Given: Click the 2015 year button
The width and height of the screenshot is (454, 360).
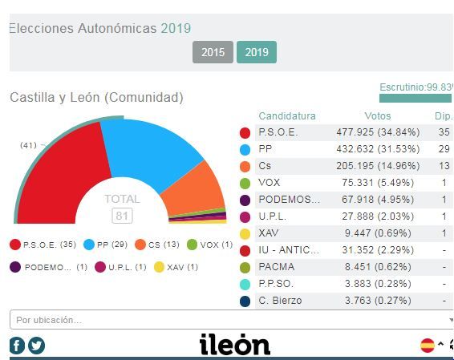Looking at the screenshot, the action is point(213,52).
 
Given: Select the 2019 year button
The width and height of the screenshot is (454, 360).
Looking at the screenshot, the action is point(257,52).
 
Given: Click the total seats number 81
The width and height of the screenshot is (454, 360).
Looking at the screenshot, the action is point(122,216).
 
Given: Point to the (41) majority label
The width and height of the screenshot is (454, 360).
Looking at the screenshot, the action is point(28,145).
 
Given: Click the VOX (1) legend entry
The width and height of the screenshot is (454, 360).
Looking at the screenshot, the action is point(210,245).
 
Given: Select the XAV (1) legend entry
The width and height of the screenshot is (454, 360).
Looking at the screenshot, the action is point(176,267).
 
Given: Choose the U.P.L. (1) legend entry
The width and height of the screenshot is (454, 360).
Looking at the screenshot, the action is point(121,267).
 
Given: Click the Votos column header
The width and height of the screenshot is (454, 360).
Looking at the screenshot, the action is point(378,116).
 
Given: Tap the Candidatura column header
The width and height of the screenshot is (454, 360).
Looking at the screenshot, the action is point(287,116).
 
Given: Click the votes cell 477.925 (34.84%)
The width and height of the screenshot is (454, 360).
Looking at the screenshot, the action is point(378,132).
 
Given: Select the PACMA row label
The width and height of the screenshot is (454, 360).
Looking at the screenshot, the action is point(277,267).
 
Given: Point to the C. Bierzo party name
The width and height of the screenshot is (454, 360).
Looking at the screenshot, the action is point(280,301).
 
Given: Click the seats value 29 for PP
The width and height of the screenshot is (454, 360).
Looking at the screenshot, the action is point(444,149).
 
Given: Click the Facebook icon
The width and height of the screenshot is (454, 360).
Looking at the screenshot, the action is point(17,346).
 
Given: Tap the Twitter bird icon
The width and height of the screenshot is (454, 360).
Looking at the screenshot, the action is point(36,346).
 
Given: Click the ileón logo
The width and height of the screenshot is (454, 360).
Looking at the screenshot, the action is point(235,344).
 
